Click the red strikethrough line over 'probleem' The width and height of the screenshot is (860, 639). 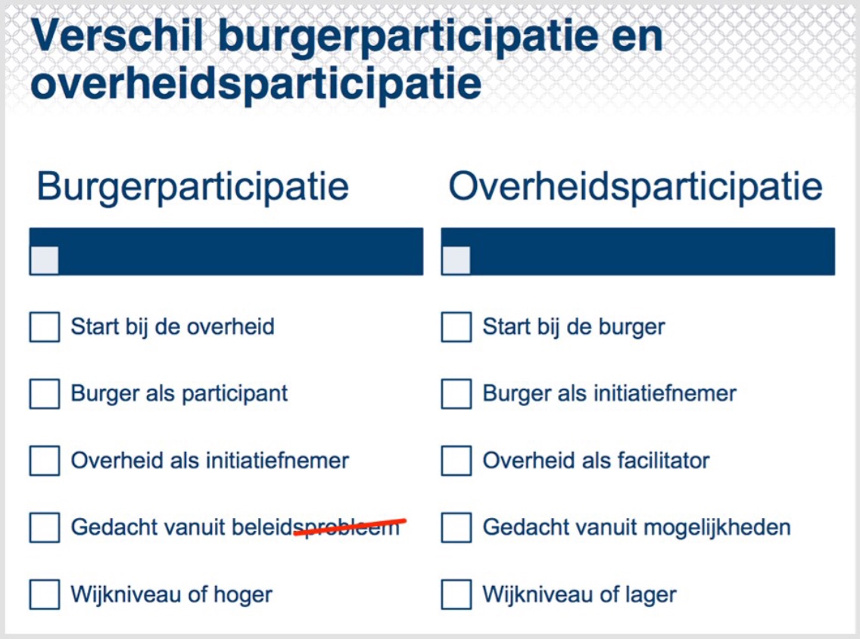pos(350,526)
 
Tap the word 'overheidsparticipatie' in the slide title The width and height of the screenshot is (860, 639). pos(256,85)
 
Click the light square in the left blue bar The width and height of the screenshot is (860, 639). pos(45,260)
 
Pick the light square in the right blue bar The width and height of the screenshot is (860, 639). pos(456,260)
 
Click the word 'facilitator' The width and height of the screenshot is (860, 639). pos(663,461)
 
